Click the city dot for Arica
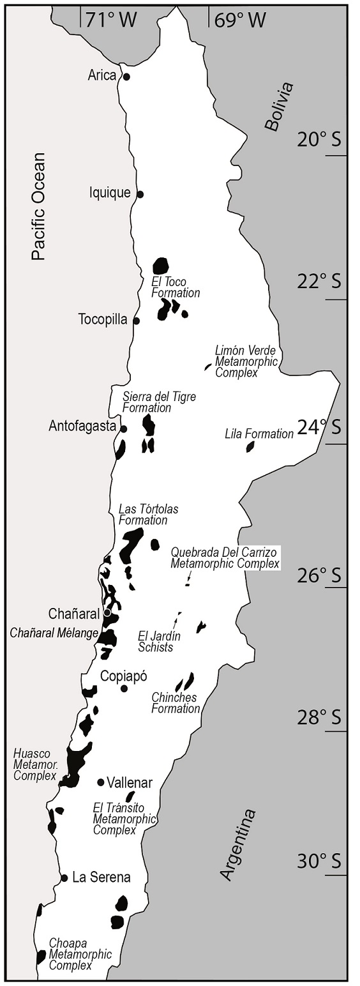[126, 77]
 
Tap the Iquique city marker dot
[140, 194]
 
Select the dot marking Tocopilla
[136, 320]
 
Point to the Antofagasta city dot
[124, 429]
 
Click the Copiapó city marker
[124, 688]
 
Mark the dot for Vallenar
[101, 782]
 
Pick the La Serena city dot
[64, 877]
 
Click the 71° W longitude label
[111, 20]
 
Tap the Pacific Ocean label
[39, 206]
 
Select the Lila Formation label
[259, 434]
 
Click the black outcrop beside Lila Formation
[250, 446]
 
